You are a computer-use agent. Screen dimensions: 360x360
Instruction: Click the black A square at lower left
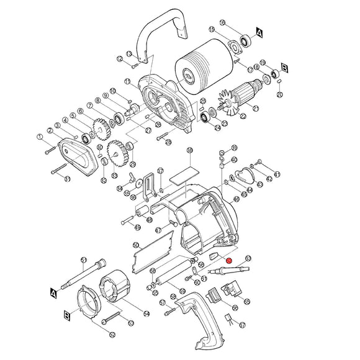(x=55, y=290)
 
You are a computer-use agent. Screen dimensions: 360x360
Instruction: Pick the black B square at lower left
(x=66, y=316)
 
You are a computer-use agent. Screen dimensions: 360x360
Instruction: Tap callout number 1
(x=40, y=136)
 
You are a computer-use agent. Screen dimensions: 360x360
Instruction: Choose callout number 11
(x=127, y=81)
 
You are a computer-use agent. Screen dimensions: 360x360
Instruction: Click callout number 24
(x=216, y=128)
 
